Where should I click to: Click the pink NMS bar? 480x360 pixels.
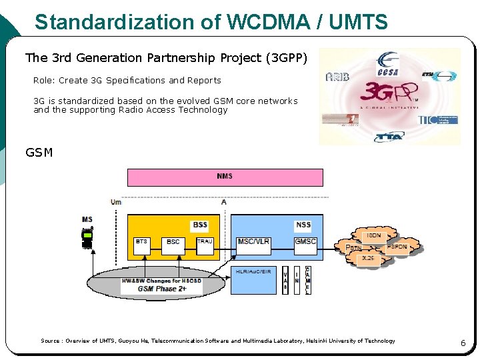coord(225,177)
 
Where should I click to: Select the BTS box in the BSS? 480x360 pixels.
coord(142,245)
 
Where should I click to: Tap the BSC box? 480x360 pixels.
coord(173,245)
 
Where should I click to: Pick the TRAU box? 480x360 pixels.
coord(205,245)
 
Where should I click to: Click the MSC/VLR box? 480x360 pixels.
coord(253,245)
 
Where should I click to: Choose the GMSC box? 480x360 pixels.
coord(305,245)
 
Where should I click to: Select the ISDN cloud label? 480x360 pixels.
coord(374,235)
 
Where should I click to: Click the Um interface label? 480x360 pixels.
coord(116,201)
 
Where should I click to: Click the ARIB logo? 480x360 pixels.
coord(337,77)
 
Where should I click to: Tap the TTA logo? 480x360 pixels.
coord(389,137)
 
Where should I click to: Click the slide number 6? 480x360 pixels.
coord(463,343)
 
